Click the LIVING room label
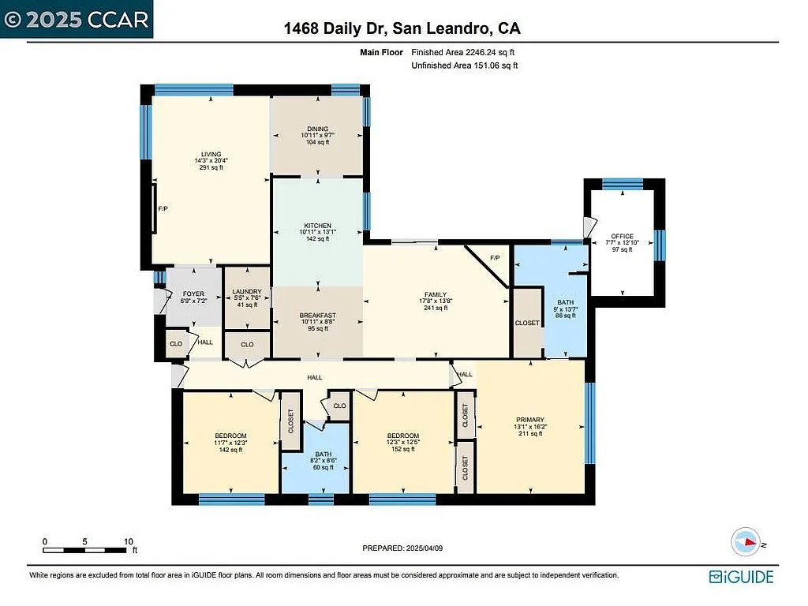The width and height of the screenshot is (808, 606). (211, 155)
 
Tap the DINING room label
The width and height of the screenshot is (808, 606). (316, 129)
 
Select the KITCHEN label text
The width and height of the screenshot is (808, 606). (316, 225)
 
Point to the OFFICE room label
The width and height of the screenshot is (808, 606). (622, 236)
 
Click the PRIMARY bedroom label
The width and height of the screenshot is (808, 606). (530, 420)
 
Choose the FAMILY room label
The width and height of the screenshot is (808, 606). (436, 295)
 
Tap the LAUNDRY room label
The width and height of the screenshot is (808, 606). (247, 292)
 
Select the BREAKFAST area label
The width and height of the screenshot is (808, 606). (317, 316)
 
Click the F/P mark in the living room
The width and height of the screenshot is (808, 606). (163, 209)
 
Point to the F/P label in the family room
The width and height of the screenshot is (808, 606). (495, 258)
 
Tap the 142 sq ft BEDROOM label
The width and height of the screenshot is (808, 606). (230, 436)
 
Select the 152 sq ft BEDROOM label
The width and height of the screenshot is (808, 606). (402, 436)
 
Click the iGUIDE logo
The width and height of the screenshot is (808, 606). (741, 577)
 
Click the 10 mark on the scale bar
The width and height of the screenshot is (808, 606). (128, 542)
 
